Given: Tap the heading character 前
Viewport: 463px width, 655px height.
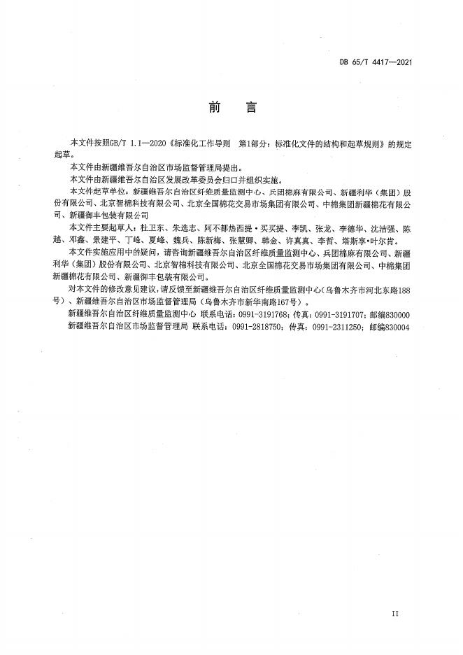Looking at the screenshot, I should [x=213, y=108].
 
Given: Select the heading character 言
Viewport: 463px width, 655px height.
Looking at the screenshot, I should [x=251, y=108].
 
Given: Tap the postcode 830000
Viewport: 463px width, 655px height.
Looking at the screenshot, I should [x=396, y=315].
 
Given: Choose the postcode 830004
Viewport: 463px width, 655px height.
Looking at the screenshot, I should [x=396, y=327].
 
